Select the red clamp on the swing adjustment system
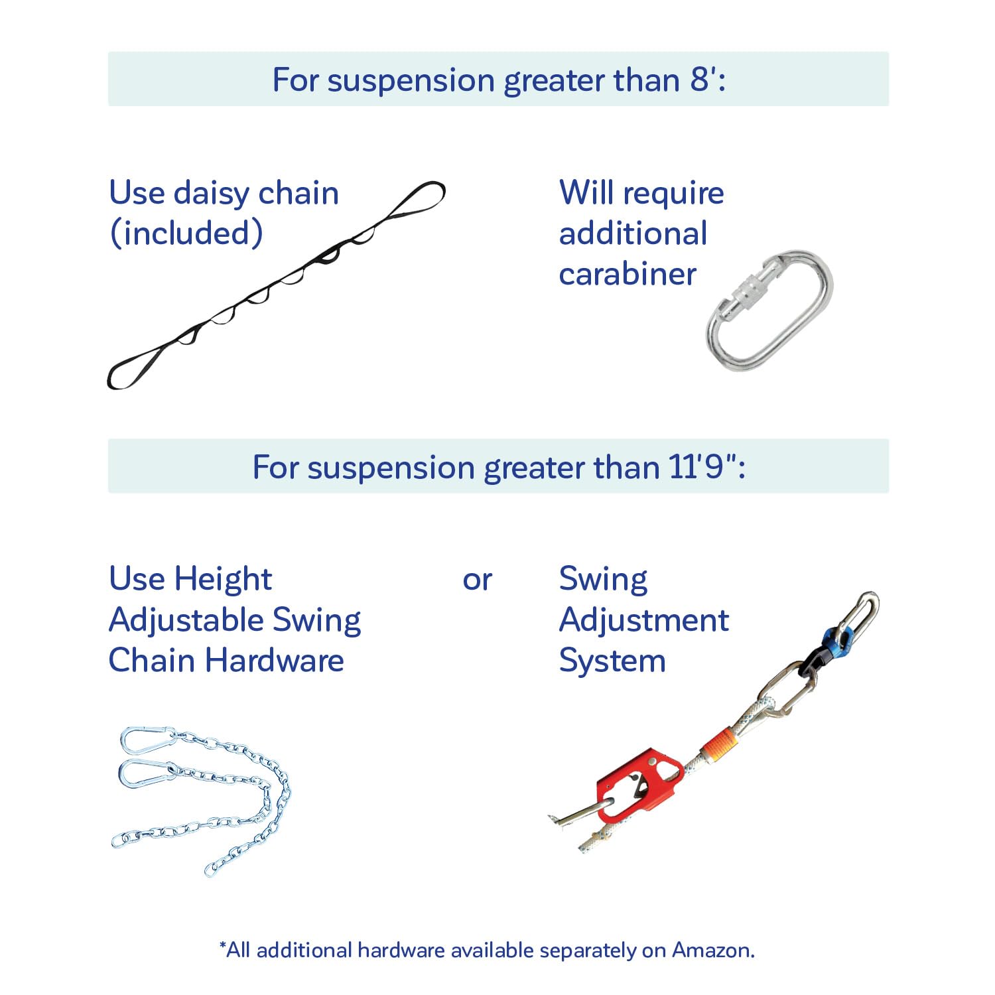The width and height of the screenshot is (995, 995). pos(637,783)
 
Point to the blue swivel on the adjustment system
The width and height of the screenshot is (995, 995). pos(832,640)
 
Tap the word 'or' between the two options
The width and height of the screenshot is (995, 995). pos(477,580)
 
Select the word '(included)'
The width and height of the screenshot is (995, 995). pos(186,233)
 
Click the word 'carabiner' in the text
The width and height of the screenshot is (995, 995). pos(628,275)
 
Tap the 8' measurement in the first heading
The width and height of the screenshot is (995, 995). pos(704,80)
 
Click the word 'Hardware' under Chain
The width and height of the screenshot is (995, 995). pos(275,661)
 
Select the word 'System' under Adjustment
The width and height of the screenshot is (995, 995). pos(612,661)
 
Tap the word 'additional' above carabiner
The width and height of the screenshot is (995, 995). pos(633,234)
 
